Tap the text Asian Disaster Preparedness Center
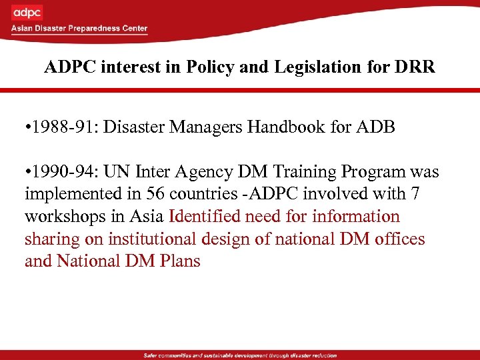79,29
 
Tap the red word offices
399,239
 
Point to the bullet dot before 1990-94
27,172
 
